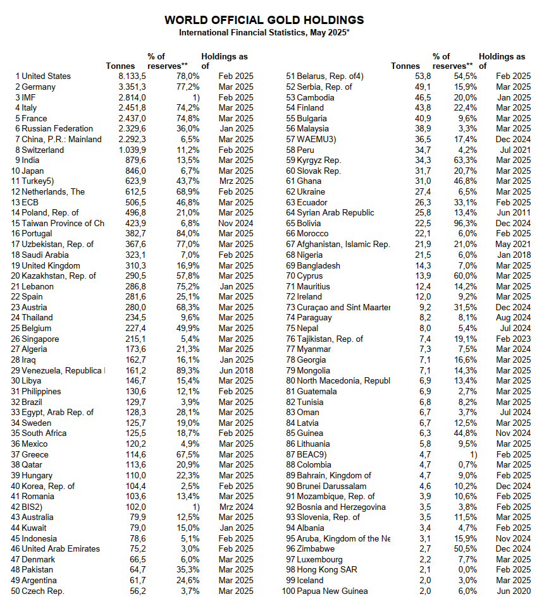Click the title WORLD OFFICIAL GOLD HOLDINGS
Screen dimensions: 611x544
tap(264, 20)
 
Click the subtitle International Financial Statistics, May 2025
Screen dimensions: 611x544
tap(264, 32)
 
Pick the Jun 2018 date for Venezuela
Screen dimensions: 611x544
tap(236, 370)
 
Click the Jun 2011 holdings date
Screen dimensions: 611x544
tap(513, 213)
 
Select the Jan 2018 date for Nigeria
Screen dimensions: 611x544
tap(513, 255)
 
